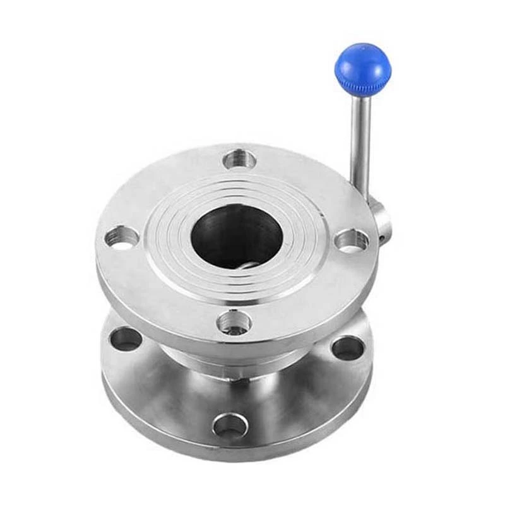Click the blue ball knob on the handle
pyautogui.click(x=362, y=63)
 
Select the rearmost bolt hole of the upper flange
pyautogui.click(x=240, y=158)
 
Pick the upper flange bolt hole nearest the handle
pyautogui.click(x=351, y=240)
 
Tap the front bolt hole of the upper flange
pyautogui.click(x=234, y=323)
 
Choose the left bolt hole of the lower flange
pyautogui.click(x=126, y=340)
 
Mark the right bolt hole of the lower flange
pyautogui.click(x=347, y=348)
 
